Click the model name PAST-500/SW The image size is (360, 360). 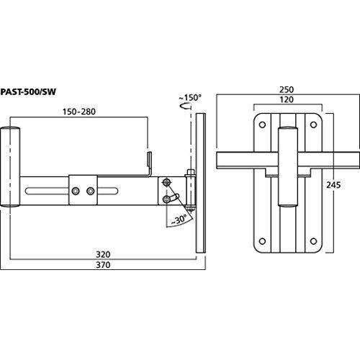[x=28, y=92]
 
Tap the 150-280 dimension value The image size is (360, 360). [x=79, y=112]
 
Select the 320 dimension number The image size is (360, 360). [x=103, y=254]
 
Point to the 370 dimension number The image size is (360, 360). [x=103, y=265]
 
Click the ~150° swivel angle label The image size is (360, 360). [x=190, y=98]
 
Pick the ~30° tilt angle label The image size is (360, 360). [x=179, y=220]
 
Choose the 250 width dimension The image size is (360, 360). [x=287, y=90]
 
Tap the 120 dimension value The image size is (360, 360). [x=287, y=99]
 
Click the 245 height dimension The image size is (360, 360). [x=333, y=185]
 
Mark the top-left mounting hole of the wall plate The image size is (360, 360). [x=263, y=125]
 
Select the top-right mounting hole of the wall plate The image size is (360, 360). [x=313, y=125]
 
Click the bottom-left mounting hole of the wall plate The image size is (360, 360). [x=263, y=241]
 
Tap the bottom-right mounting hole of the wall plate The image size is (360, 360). [x=313, y=241]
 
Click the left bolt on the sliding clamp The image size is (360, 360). [x=76, y=191]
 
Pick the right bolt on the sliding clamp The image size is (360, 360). [x=91, y=191]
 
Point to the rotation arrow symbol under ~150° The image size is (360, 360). [x=186, y=106]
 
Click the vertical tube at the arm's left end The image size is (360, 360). [x=10, y=167]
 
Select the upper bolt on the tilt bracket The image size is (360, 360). [x=166, y=183]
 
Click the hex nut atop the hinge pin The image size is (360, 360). [x=190, y=172]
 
